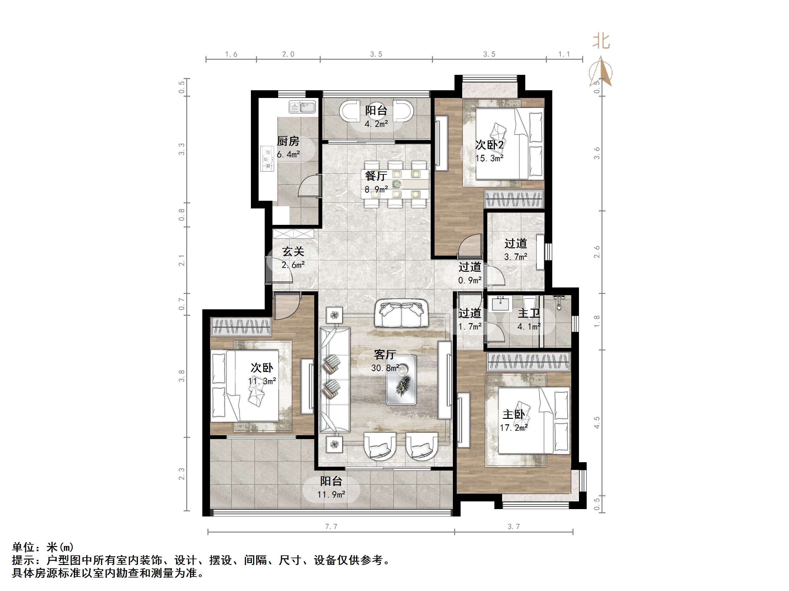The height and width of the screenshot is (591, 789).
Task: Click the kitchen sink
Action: pyautogui.click(x=302, y=107)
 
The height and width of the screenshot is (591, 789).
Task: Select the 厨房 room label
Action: pyautogui.click(x=288, y=141)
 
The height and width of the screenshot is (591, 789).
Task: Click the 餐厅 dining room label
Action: pyautogui.click(x=376, y=176)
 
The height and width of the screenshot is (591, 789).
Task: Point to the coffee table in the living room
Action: pyautogui.click(x=402, y=380)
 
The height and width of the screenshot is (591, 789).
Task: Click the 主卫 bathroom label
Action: pyautogui.click(x=528, y=313)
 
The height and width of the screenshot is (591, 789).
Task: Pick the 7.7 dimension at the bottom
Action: pyautogui.click(x=331, y=526)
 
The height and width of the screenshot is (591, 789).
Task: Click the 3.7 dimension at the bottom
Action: pyautogui.click(x=514, y=526)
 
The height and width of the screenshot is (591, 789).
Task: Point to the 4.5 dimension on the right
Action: pyautogui.click(x=597, y=422)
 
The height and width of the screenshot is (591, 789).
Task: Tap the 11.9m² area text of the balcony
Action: pyautogui.click(x=331, y=494)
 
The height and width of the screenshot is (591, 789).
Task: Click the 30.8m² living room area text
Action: pyautogui.click(x=385, y=368)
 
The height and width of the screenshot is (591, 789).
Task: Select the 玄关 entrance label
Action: pyautogui.click(x=293, y=252)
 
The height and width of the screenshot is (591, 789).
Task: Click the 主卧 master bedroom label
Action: pyautogui.click(x=514, y=414)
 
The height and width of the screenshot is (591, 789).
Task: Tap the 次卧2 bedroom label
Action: pyautogui.click(x=489, y=145)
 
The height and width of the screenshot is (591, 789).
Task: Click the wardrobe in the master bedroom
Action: pyautogui.click(x=528, y=362)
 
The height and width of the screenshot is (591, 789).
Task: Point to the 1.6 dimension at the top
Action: pyautogui.click(x=231, y=54)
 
